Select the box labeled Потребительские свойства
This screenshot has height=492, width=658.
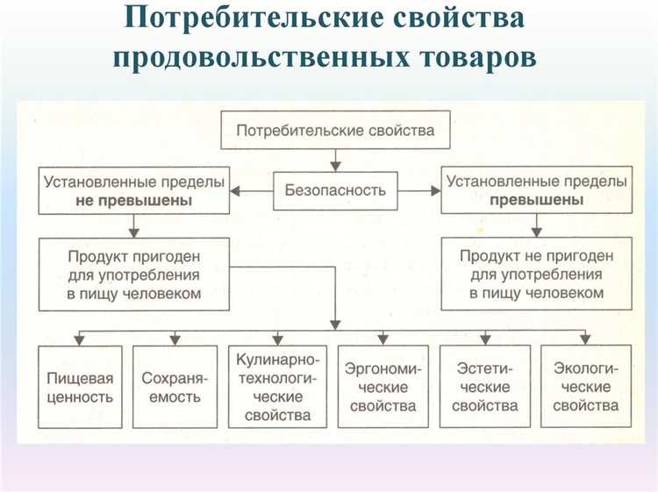(x=335, y=131)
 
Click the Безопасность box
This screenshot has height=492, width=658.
(x=334, y=189)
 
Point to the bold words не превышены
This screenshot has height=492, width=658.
(x=133, y=200)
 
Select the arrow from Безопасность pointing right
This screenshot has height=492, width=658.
(x=420, y=189)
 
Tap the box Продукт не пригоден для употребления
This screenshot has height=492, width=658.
(x=536, y=275)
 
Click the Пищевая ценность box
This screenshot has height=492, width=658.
(x=80, y=387)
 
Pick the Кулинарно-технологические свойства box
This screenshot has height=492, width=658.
(x=279, y=387)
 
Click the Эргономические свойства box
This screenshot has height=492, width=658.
(x=383, y=387)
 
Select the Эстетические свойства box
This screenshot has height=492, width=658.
(x=485, y=387)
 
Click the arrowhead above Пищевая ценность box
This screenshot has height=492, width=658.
(x=80, y=339)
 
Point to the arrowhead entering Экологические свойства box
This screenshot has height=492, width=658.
(x=585, y=339)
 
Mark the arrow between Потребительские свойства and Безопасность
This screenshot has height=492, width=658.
(x=334, y=160)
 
